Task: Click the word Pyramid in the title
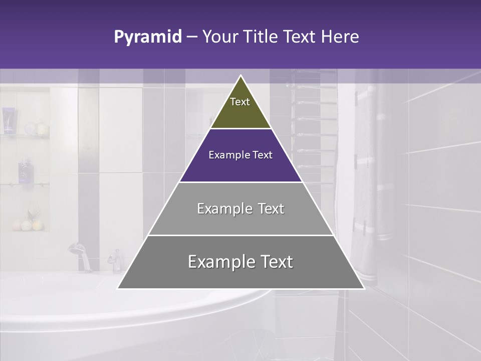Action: pos(148,37)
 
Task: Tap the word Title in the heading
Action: pos(262,37)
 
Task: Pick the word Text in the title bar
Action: pos(300,37)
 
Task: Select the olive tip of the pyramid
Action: pos(241,108)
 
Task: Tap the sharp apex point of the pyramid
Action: pos(241,76)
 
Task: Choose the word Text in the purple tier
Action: pos(263,155)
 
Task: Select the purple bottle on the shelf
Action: pos(25,170)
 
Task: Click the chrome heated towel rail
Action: pos(313,125)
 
